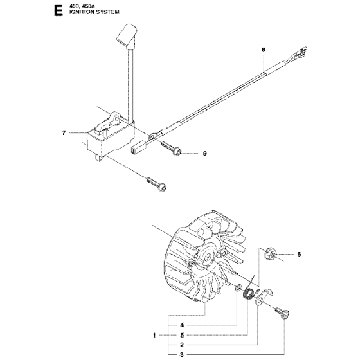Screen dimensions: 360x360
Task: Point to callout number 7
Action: pos(64,133)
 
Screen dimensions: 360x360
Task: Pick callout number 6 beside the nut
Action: pos(299,254)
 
